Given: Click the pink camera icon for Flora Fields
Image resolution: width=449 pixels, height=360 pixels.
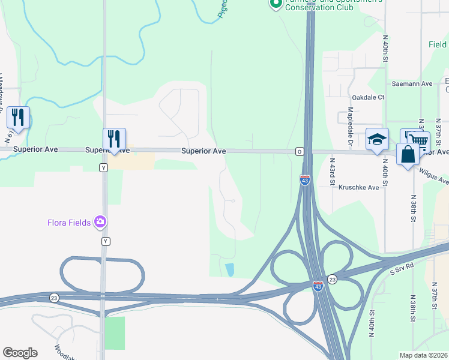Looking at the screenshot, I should [x=100, y=223].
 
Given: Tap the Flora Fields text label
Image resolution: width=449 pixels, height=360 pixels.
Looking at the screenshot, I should [x=69, y=223].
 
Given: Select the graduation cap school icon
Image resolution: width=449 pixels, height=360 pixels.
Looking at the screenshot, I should [x=377, y=140].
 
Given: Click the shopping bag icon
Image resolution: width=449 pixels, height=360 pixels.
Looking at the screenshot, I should [x=408, y=154].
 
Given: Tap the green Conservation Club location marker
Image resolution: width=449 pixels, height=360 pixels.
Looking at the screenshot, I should [x=276, y=4].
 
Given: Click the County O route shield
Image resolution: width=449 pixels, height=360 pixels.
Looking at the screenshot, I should [x=298, y=152].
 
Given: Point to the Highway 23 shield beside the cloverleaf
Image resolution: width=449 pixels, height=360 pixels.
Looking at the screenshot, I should [x=333, y=280].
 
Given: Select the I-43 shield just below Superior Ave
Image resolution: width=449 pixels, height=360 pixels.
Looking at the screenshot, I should [x=304, y=179].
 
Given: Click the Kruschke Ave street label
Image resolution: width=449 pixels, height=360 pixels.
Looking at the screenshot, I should [x=359, y=187].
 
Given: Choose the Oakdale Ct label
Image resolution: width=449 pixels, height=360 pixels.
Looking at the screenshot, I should [x=368, y=97].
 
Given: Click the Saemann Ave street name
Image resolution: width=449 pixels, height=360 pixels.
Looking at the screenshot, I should [x=412, y=84].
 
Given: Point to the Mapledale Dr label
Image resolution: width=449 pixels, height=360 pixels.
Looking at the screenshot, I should [x=349, y=126].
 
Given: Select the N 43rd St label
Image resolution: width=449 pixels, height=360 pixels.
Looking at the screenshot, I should [x=331, y=170].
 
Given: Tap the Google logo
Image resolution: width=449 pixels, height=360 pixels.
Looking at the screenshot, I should [x=20, y=353].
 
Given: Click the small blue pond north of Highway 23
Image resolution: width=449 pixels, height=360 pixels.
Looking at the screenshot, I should [x=229, y=269].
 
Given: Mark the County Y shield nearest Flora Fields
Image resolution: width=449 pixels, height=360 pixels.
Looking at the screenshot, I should [x=106, y=241].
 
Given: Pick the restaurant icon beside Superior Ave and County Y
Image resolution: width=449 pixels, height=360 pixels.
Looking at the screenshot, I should [x=113, y=139].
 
